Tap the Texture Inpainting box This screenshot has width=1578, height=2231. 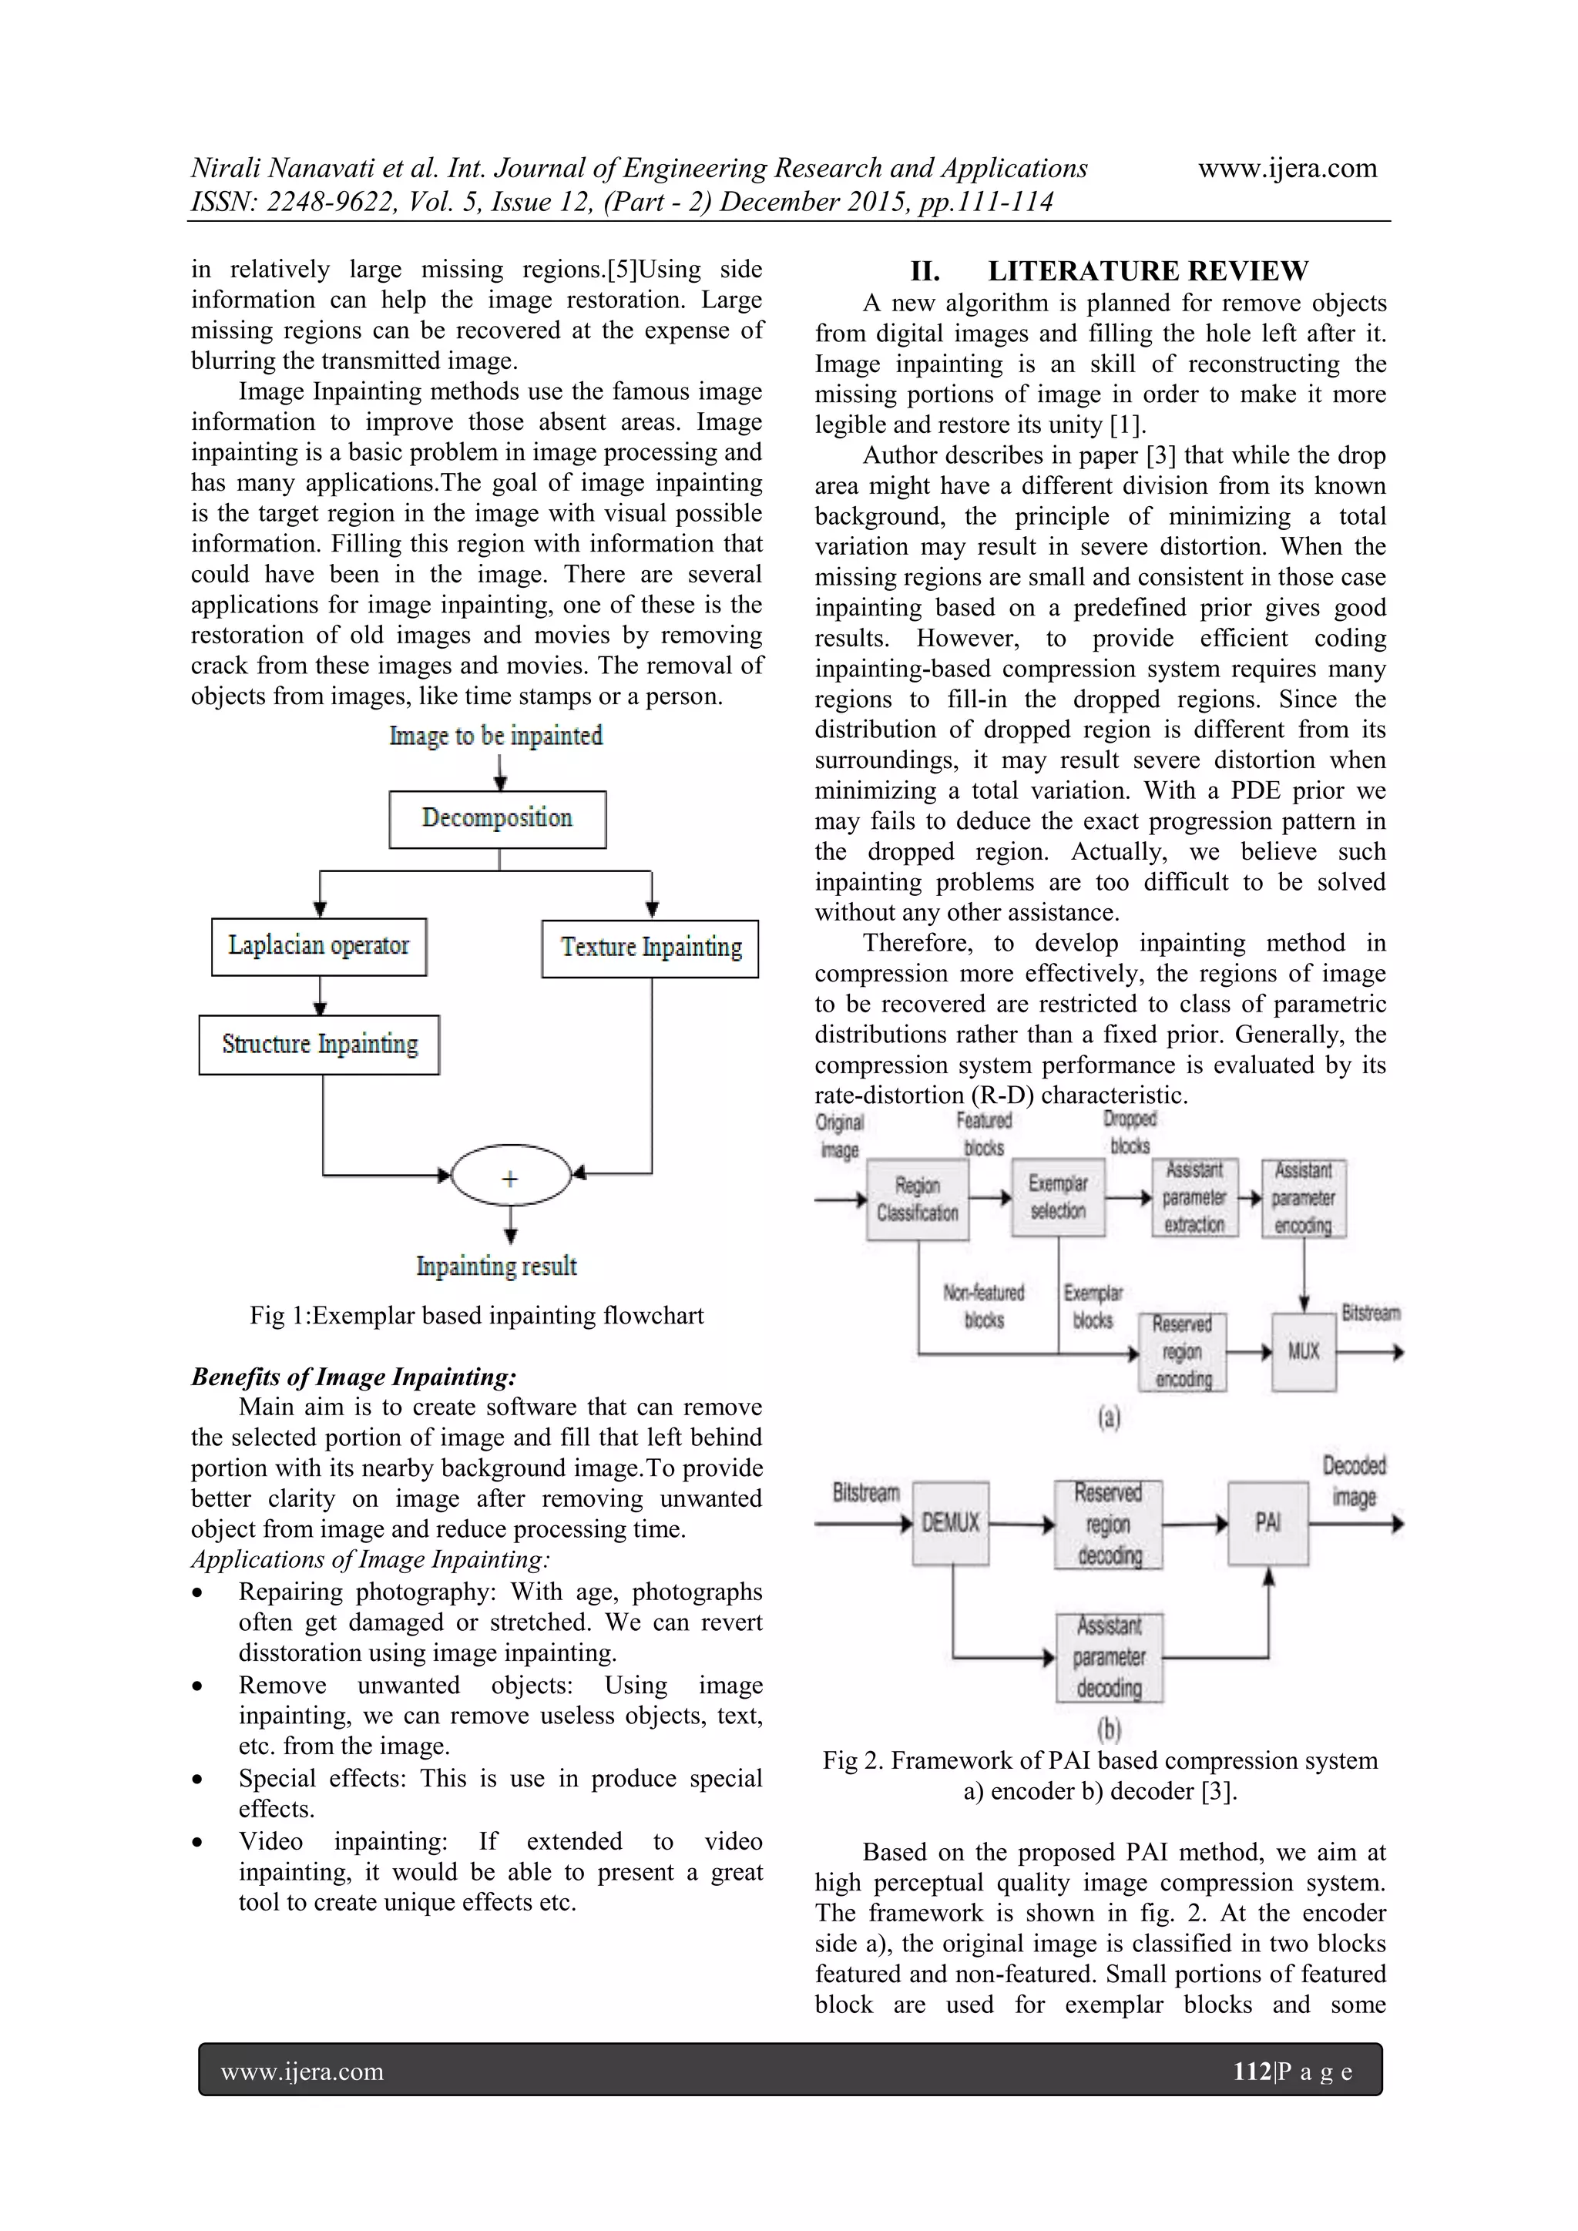[650, 948]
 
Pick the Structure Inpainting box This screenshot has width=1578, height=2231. [319, 1045]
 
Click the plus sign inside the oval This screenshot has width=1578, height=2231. [510, 1178]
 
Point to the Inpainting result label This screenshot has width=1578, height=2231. [496, 1266]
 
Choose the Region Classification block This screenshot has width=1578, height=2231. [917, 1199]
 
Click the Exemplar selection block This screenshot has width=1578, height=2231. [1057, 1197]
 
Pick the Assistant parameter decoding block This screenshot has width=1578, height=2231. [1109, 1657]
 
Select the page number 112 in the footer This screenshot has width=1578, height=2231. [1251, 2071]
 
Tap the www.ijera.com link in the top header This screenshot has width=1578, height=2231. [1287, 168]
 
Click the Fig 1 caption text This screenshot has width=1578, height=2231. [476, 1316]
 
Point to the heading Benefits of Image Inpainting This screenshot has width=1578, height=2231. [354, 1376]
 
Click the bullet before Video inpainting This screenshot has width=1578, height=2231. [198, 1842]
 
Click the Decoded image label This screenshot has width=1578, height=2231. [1354, 1481]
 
